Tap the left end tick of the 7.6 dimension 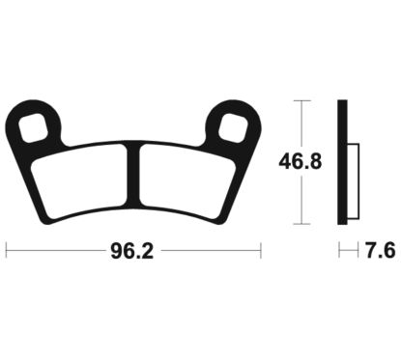pyautogui.click(x=339, y=252)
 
